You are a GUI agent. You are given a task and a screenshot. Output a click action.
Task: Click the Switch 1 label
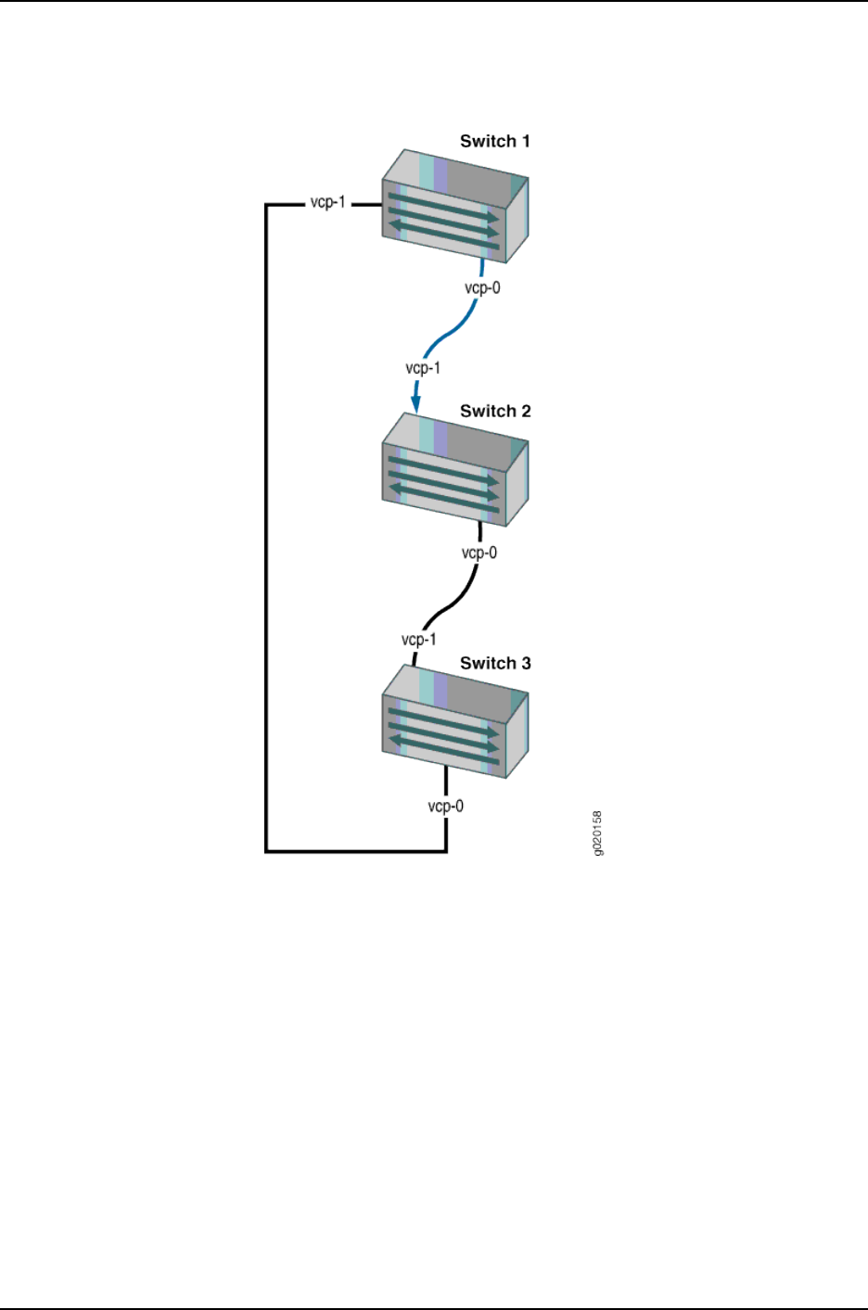495,142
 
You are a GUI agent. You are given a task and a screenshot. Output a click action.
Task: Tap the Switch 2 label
495,412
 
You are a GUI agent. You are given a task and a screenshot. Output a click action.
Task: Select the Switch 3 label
495,664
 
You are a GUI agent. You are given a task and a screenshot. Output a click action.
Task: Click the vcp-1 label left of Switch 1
327,202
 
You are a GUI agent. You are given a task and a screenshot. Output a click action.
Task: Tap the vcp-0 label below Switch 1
481,288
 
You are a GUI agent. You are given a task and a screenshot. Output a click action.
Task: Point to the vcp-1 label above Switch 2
423,368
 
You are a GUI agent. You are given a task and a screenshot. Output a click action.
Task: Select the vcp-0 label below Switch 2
479,553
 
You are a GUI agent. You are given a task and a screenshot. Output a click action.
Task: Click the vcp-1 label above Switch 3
418,640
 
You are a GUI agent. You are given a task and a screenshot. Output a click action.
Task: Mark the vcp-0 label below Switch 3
445,807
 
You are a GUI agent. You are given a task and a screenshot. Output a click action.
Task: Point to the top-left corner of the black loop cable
267,205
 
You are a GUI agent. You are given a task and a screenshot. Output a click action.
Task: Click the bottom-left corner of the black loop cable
267,850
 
